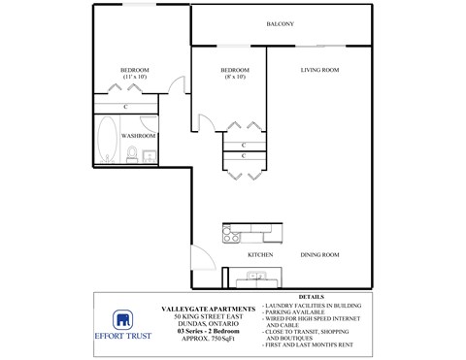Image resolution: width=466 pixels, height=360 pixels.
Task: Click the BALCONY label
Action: pyautogui.click(x=280, y=24)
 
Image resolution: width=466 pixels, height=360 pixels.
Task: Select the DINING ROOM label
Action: pyautogui.click(x=318, y=254)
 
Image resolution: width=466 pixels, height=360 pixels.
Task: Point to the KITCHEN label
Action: pyautogui.click(x=259, y=254)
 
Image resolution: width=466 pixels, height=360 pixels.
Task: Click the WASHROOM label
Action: pyautogui.click(x=139, y=136)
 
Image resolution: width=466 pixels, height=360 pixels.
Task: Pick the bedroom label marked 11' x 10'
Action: pyautogui.click(x=134, y=73)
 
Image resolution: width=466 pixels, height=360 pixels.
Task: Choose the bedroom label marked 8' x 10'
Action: pyautogui.click(x=235, y=73)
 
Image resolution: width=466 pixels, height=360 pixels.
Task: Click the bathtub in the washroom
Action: pyautogui.click(x=107, y=141)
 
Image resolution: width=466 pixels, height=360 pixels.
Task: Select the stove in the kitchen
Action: pyautogui.click(x=231, y=233)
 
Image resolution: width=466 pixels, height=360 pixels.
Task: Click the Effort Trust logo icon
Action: pyautogui.click(x=123, y=321)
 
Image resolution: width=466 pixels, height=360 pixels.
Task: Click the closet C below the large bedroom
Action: pyautogui.click(x=126, y=106)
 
